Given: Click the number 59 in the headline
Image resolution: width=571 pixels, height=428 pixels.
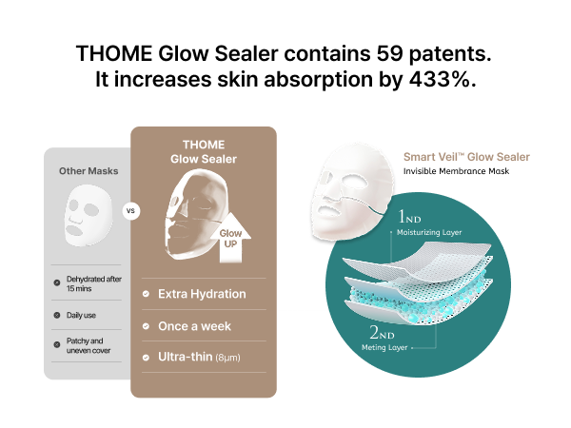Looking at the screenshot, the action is coord(389,53).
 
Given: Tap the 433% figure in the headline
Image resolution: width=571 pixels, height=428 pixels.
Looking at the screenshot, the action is coord(439,79).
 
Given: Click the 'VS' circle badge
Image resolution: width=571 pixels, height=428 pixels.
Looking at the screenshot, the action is coord(130,211).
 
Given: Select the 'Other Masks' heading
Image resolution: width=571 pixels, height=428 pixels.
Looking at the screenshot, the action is coord(89,170).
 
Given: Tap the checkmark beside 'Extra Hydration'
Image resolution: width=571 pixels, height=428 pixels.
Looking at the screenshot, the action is coord(146,294).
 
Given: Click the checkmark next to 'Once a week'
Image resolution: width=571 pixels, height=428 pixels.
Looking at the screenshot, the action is coord(146,326).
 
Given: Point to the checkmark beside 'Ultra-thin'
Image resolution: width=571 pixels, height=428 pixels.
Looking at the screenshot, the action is coord(146,358).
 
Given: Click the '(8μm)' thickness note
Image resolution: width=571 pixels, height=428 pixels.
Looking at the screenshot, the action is coord(228,358).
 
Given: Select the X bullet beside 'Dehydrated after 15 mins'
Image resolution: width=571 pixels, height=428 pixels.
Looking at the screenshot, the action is coord(57,282).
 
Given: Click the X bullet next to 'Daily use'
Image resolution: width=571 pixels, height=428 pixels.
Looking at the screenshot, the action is coord(57,315).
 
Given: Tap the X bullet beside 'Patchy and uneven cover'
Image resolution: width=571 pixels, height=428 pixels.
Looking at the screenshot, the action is coord(57,344).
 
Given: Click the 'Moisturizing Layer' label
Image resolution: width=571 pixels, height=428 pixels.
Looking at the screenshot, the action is coord(429,233).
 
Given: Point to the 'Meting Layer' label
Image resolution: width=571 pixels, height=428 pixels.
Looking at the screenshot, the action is coord(384,347).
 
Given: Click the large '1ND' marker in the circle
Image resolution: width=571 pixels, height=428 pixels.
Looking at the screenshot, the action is coord(409,217).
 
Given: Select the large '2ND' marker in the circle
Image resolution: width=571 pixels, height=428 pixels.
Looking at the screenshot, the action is coord(382,332).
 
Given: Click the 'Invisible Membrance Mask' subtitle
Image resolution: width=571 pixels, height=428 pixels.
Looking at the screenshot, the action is coord(456,171).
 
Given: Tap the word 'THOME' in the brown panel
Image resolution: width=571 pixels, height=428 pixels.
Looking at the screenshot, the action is coord(204,145).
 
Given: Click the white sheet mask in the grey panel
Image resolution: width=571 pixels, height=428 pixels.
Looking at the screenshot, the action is coord(89,215).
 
